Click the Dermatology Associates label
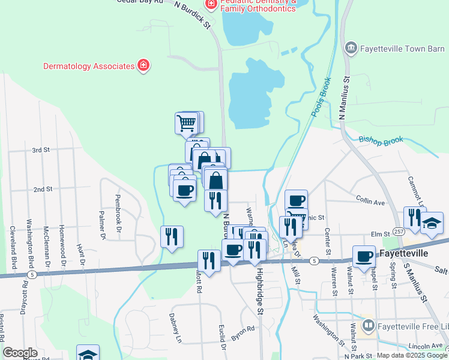click(x=88, y=65)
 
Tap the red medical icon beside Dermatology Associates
click(x=143, y=65)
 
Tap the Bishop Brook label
click(x=381, y=140)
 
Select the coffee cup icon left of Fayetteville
click(x=364, y=256)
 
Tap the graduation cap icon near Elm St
click(x=432, y=224)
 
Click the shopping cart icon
click(x=187, y=123)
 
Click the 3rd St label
click(x=40, y=149)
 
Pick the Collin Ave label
click(x=370, y=200)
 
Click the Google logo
click(x=20, y=353)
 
